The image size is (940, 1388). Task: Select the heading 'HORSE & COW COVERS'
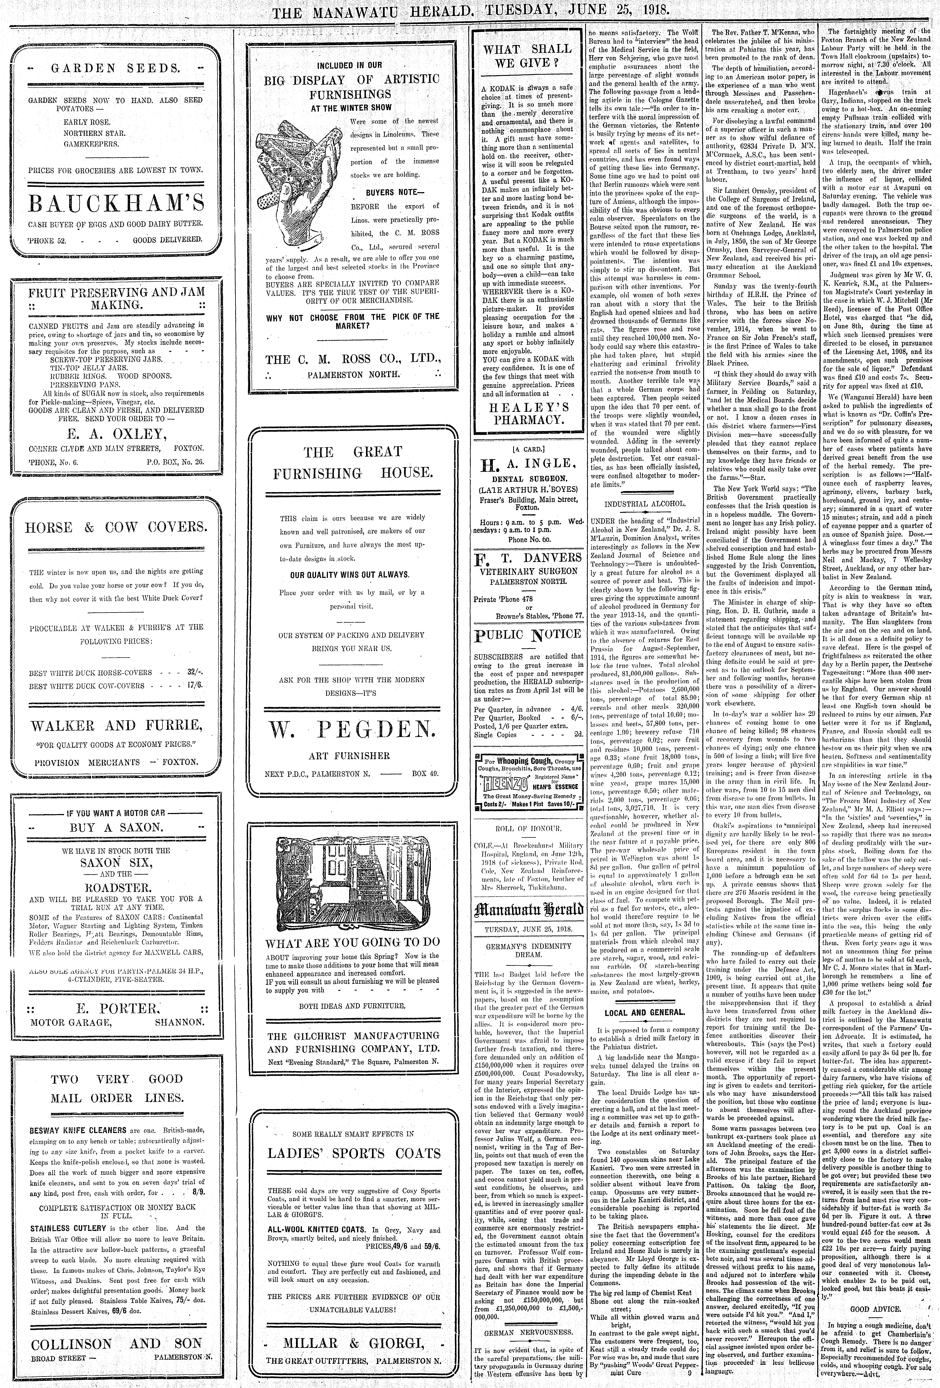116,527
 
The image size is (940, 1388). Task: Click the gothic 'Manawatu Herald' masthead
528,910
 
